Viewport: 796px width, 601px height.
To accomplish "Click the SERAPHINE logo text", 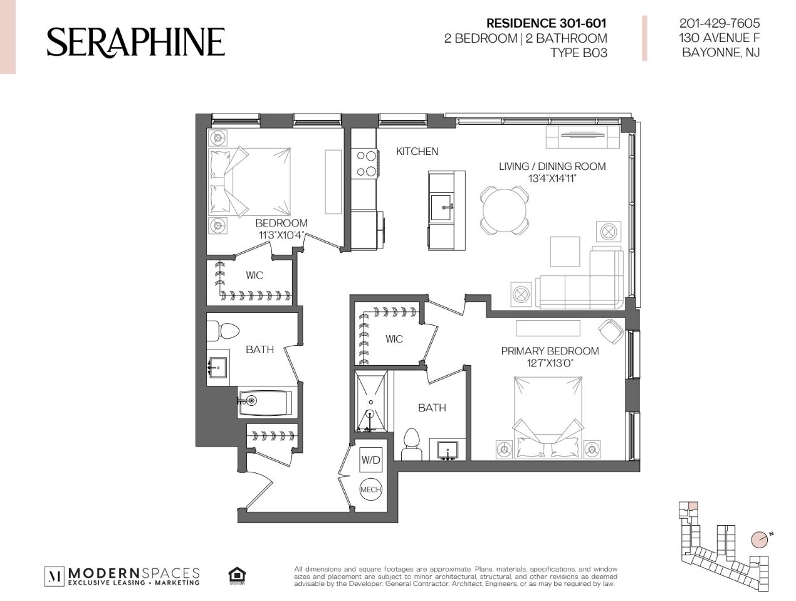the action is coord(135,42).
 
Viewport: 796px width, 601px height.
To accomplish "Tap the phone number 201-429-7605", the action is coord(719,23).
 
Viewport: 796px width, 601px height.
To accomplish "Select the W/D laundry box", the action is coord(370,460).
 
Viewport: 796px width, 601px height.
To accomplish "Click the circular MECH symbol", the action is coord(370,489).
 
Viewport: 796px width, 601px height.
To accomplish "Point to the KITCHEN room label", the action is coord(417,151).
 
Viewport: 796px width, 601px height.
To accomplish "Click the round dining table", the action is coord(505,210).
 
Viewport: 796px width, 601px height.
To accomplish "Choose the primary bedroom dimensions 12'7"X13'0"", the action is coord(550,363).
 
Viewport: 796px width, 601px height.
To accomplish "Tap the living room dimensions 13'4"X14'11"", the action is coord(552,179).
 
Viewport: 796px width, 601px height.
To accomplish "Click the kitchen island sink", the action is coord(441,207).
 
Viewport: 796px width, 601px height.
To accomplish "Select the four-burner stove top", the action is coord(365,164).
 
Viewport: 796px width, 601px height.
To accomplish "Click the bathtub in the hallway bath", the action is coord(265,403).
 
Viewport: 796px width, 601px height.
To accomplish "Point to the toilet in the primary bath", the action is coord(411,444).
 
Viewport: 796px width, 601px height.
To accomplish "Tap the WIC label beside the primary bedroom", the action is coord(394,339).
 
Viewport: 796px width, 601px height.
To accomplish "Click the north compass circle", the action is coord(759,550).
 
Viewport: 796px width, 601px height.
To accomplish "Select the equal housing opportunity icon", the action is coord(237,576).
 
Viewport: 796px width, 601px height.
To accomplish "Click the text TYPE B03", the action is coord(579,53).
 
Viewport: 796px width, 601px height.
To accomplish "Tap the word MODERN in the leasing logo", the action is coord(103,573).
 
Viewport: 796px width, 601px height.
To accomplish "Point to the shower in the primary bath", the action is coord(371,402).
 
